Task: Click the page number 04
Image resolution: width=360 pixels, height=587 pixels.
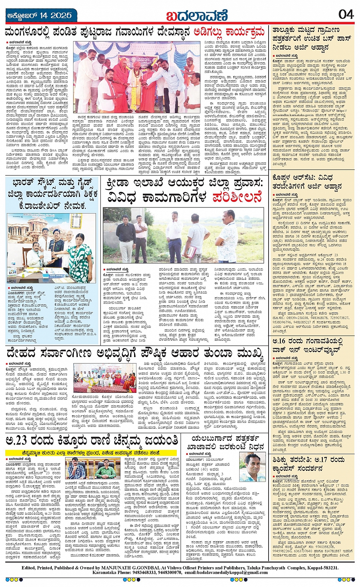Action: coord(346,14)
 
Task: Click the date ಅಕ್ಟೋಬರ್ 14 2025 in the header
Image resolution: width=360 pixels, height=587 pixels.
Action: coord(40,16)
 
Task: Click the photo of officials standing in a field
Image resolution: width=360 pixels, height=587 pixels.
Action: coord(183,235)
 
